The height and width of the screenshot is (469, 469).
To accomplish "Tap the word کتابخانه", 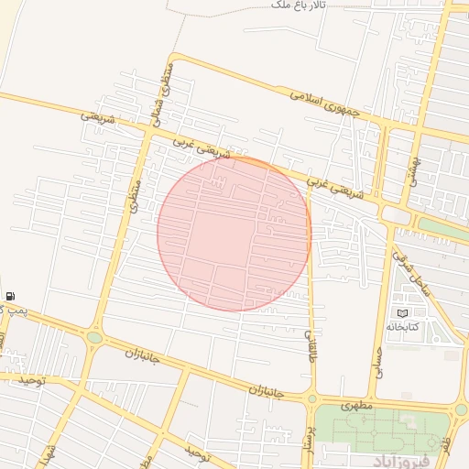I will click(402, 327).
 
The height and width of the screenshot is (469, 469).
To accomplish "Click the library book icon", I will click(403, 313).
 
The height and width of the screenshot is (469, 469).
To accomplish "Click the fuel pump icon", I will click(9, 296).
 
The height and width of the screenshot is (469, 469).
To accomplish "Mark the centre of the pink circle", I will click(234, 234).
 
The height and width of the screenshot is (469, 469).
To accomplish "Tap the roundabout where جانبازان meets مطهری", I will click(312, 398).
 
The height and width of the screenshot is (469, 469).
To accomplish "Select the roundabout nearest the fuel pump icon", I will click(94, 338).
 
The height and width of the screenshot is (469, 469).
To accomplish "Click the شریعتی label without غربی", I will click(98, 118).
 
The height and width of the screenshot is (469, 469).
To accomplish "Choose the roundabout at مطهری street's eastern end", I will click(461, 409).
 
